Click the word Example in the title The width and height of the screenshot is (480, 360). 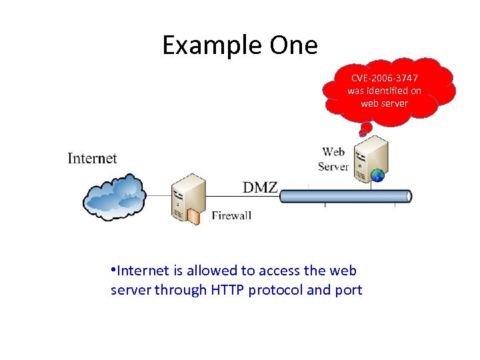212,46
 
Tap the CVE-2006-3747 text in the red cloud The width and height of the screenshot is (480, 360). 385,78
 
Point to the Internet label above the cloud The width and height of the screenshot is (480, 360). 92,158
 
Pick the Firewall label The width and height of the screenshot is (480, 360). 231,215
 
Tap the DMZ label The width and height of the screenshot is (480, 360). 259,187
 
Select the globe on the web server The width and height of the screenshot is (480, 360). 378,175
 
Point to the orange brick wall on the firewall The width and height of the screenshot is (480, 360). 193,215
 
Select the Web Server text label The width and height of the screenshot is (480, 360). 334,159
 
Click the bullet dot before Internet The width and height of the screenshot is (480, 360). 113,270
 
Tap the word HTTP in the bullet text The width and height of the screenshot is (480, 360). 227,290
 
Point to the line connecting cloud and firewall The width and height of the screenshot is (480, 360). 159,195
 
